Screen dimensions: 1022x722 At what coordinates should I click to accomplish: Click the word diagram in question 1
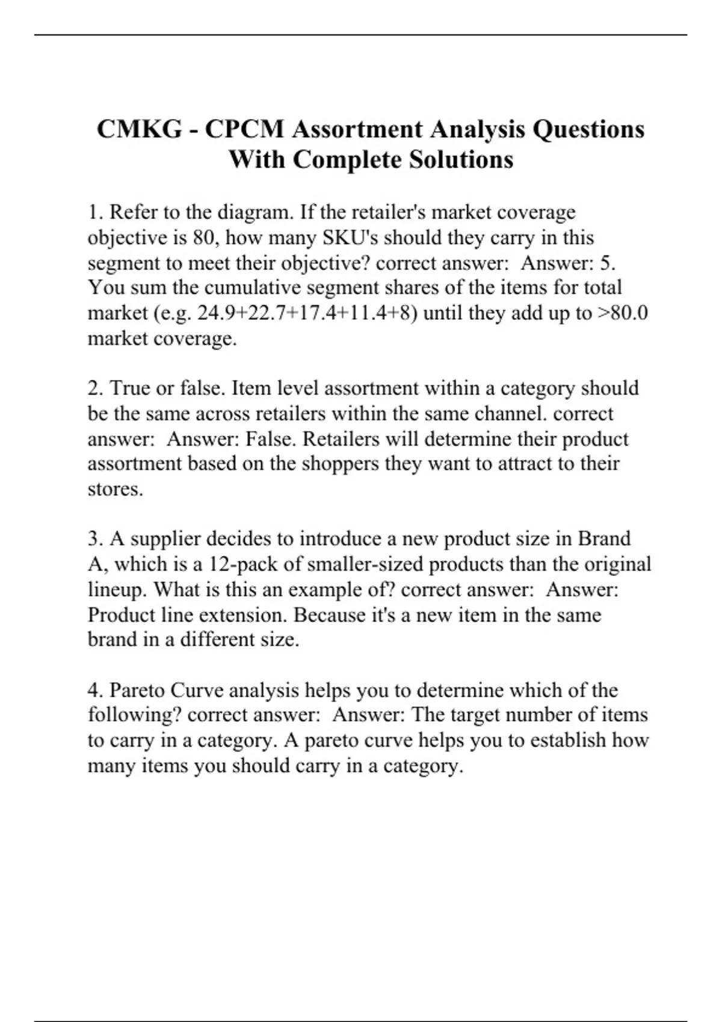tap(255, 212)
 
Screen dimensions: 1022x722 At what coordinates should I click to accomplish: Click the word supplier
tap(165, 539)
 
